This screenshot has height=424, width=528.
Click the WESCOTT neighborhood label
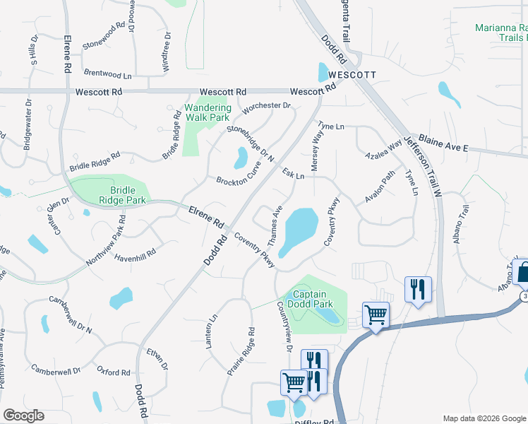click(346, 75)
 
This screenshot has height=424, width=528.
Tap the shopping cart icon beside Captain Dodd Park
click(376, 314)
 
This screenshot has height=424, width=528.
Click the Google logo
click(23, 416)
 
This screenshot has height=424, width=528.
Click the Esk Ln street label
click(293, 173)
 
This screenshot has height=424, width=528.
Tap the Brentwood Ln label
click(108, 73)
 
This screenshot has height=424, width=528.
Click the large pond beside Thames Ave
click(299, 230)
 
